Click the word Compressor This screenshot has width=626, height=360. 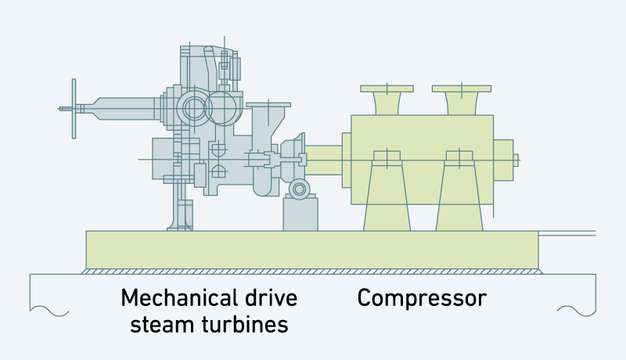(x=422, y=298)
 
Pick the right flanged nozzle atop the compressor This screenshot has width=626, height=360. (x=461, y=100)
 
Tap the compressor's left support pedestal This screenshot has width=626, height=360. (x=387, y=196)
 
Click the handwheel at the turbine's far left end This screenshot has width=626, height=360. (x=74, y=108)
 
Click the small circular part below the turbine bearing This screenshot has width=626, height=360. (x=299, y=189)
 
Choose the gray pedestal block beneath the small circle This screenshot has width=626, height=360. (x=300, y=215)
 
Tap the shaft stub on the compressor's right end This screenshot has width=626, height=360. (x=516, y=160)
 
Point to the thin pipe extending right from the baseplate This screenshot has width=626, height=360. (x=567, y=232)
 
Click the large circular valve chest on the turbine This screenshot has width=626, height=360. (x=193, y=109)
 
